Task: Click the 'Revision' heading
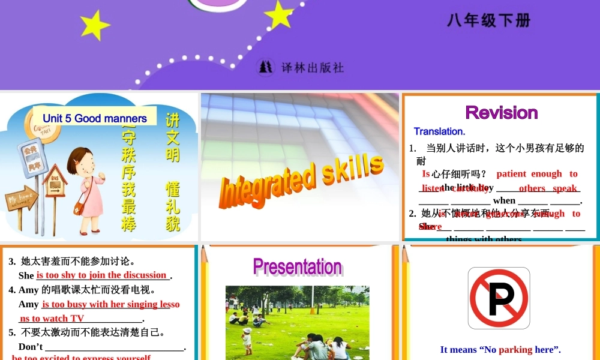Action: point(501,112)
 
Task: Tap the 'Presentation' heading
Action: point(297,266)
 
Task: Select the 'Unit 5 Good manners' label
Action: point(95,118)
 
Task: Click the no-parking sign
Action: point(499,298)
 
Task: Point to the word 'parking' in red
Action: point(515,349)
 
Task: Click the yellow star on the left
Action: point(95,25)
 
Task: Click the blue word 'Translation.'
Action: point(439,131)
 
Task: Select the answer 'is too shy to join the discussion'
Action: point(102,275)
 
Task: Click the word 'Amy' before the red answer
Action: point(28,304)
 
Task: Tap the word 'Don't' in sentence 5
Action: point(31,347)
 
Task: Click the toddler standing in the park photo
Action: point(247,340)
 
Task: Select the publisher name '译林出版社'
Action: point(313,67)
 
